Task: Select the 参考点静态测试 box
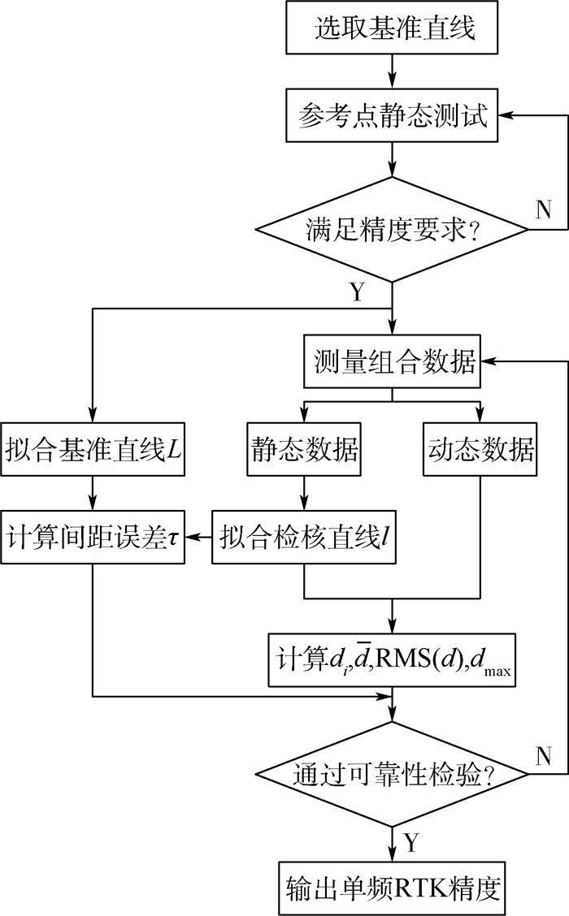(393, 119)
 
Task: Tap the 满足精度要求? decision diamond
(393, 231)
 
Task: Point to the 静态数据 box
(303, 448)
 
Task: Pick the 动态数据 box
(480, 448)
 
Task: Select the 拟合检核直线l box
(303, 537)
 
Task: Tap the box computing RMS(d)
(393, 656)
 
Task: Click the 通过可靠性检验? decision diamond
(393, 775)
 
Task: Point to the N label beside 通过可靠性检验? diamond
(543, 756)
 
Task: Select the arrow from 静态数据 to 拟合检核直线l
(303, 492)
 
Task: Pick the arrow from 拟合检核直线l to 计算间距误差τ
(198, 537)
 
